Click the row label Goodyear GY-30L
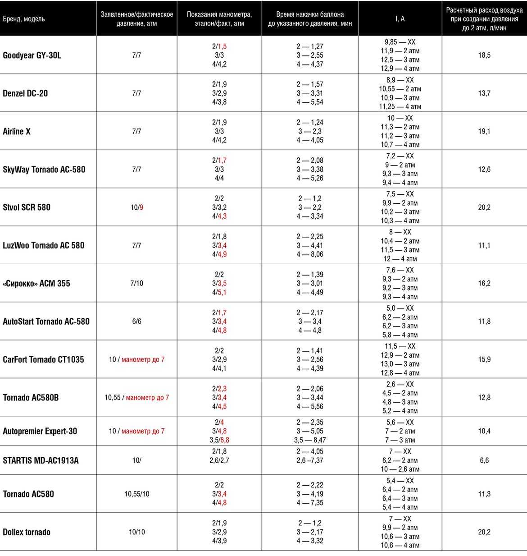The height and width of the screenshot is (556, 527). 32,55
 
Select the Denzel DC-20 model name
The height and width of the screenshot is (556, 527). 25,93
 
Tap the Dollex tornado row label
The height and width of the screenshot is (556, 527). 27,532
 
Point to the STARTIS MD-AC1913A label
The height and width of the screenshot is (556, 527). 41,460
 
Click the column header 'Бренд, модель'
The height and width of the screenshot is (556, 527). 24,19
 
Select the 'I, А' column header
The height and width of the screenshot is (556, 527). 400,19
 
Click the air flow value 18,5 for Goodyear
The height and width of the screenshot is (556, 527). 484,55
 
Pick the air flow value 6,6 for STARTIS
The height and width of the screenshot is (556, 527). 484,460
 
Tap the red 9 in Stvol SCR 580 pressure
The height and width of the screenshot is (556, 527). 141,207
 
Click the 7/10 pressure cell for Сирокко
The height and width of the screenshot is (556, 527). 136,284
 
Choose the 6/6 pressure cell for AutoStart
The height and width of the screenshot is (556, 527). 136,322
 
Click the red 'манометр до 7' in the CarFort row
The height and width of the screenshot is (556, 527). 143,359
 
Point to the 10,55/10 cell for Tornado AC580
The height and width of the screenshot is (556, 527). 136,494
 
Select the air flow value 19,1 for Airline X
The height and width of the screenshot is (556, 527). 484,131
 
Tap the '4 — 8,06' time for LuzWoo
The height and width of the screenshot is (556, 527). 310,254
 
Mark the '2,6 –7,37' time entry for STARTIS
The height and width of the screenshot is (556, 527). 310,460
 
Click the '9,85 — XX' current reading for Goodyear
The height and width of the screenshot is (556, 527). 400,42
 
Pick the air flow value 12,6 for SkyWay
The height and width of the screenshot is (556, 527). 484,170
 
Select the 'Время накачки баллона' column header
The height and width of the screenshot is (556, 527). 310,14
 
